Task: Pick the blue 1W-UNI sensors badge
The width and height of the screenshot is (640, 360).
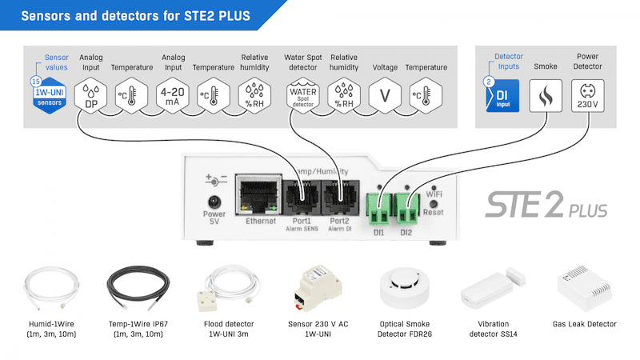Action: click(x=50, y=97)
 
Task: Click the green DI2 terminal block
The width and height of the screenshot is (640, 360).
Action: click(x=408, y=211)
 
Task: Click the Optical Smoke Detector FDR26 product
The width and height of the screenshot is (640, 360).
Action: click(x=403, y=288)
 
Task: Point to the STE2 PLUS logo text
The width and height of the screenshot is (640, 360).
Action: click(x=546, y=206)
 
